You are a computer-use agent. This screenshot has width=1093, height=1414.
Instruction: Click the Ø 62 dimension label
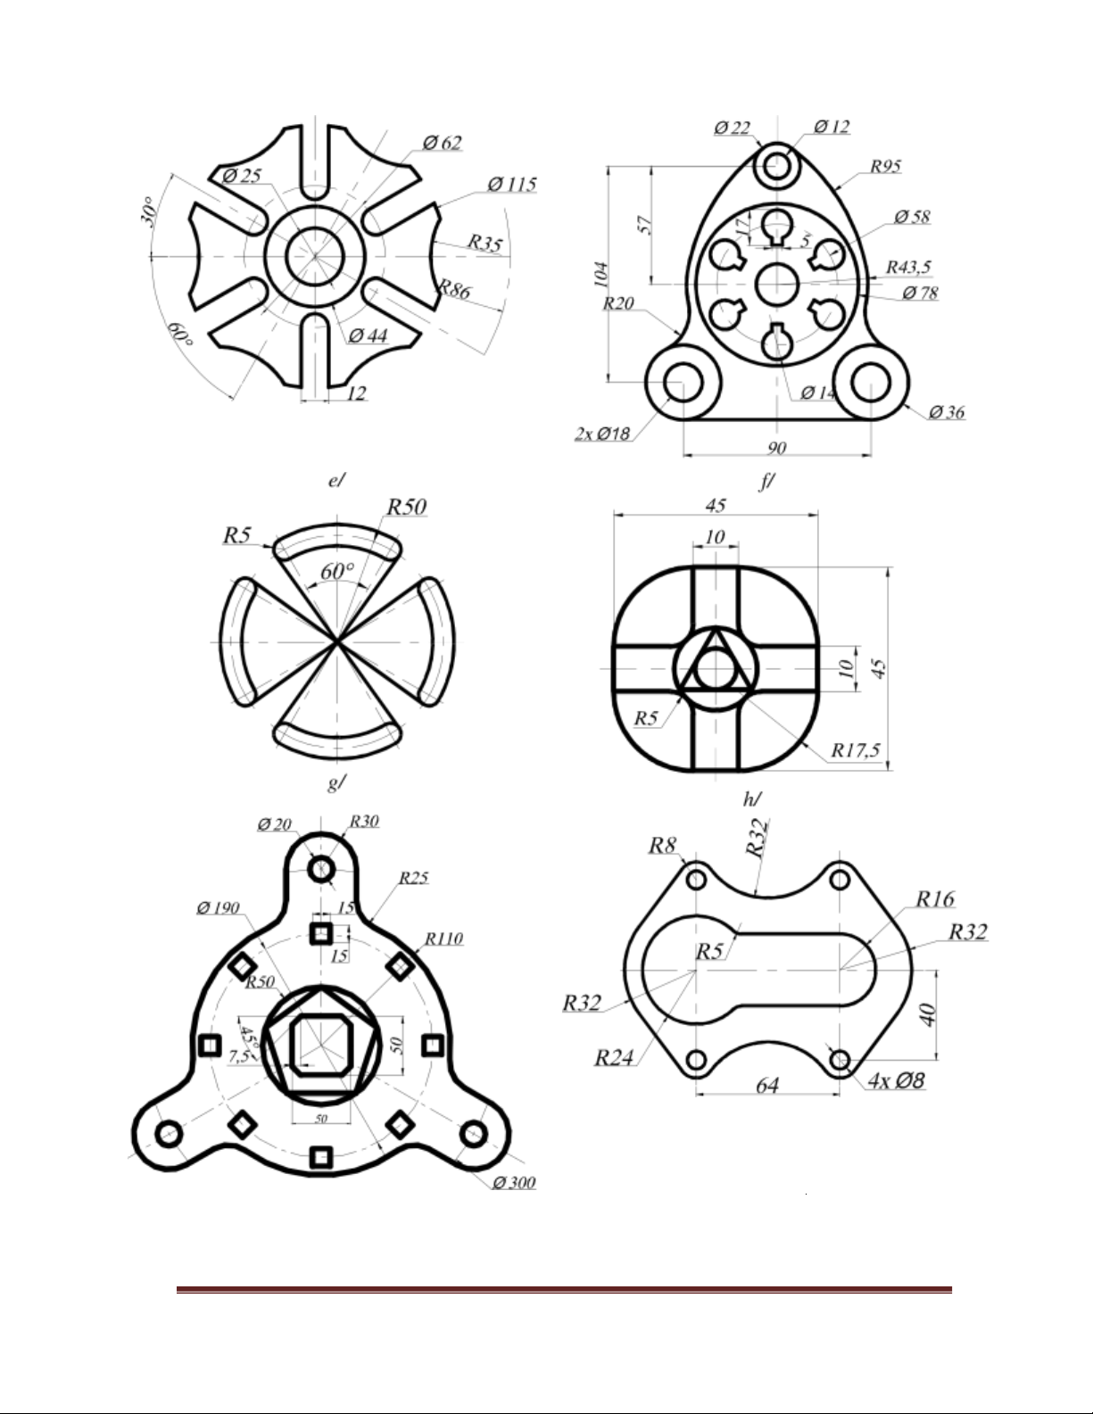click(443, 143)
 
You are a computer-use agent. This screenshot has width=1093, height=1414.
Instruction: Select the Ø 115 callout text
click(512, 185)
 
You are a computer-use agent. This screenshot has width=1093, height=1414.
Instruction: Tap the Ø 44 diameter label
click(368, 336)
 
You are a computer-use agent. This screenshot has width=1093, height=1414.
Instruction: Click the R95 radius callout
click(887, 166)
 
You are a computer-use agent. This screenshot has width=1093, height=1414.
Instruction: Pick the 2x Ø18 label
click(603, 434)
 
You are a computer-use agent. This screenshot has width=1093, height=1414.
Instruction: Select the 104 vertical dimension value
click(601, 274)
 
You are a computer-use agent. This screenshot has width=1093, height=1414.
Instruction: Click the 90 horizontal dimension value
click(775, 447)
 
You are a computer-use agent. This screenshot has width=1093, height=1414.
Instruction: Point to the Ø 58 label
click(911, 217)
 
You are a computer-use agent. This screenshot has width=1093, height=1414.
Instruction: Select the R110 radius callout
click(443, 939)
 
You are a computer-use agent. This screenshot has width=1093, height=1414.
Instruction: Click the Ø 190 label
click(219, 908)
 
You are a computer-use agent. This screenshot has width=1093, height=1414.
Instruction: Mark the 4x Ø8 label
click(896, 1081)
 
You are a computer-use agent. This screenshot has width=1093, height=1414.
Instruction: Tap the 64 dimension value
click(767, 1085)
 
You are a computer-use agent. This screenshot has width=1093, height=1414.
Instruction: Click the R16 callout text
click(934, 898)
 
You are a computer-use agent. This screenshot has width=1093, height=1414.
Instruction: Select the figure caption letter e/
click(335, 480)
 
